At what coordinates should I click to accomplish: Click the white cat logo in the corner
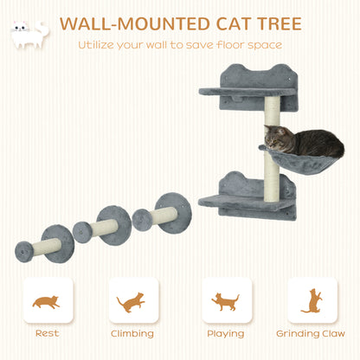click(x=29, y=32)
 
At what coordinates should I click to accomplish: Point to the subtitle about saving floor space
click(x=179, y=45)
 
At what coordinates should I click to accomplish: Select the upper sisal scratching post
click(x=273, y=117)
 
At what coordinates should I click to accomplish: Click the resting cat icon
click(x=47, y=301)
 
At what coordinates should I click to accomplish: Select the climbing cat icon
click(x=132, y=301)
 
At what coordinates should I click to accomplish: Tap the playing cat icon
click(x=226, y=301)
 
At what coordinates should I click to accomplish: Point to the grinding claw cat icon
click(x=312, y=301)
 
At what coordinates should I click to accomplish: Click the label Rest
click(x=47, y=333)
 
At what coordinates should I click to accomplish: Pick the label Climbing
click(x=132, y=333)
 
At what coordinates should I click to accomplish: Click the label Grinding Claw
click(x=312, y=333)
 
